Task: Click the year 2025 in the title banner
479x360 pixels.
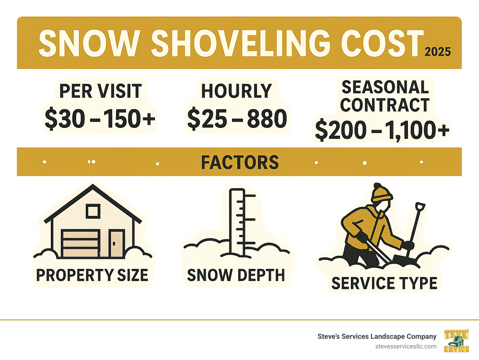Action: coord(438,52)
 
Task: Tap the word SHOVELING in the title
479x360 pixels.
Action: coord(240,44)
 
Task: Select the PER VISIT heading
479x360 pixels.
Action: coord(100,91)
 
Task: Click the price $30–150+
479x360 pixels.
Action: coord(100,119)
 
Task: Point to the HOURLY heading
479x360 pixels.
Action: coord(236,91)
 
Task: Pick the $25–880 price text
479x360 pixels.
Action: coord(237,119)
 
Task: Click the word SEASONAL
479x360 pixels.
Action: coord(385,87)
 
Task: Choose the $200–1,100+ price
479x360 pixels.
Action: coord(382,130)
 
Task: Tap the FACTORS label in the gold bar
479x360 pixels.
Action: coord(239,162)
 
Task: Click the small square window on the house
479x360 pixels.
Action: coord(93,211)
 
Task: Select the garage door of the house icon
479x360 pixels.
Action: coord(80,243)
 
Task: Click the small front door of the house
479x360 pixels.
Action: coord(117,243)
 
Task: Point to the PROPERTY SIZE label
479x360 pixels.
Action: coord(92,275)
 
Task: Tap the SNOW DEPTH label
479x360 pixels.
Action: coord(236,275)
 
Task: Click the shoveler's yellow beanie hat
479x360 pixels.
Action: coord(381,193)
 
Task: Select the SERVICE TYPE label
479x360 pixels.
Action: coord(384,283)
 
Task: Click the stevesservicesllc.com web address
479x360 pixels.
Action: coord(406,347)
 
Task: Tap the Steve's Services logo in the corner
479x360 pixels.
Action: coord(456,341)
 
